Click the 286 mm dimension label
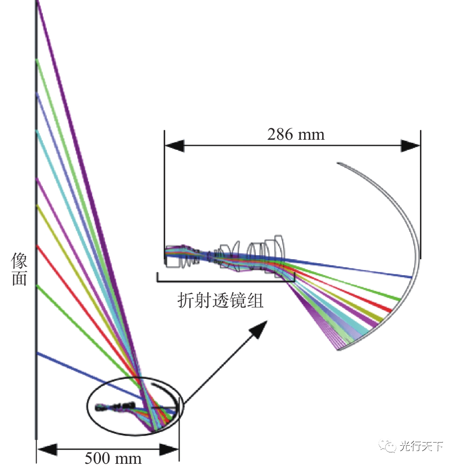(295, 134)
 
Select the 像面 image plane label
(19, 269)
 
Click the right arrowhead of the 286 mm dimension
(410, 146)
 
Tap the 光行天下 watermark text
(421, 446)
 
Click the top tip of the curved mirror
(338, 164)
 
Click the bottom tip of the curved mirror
(338, 350)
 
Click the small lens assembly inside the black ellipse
(117, 406)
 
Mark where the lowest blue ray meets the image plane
(38, 354)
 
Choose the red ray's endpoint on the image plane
(38, 246)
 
